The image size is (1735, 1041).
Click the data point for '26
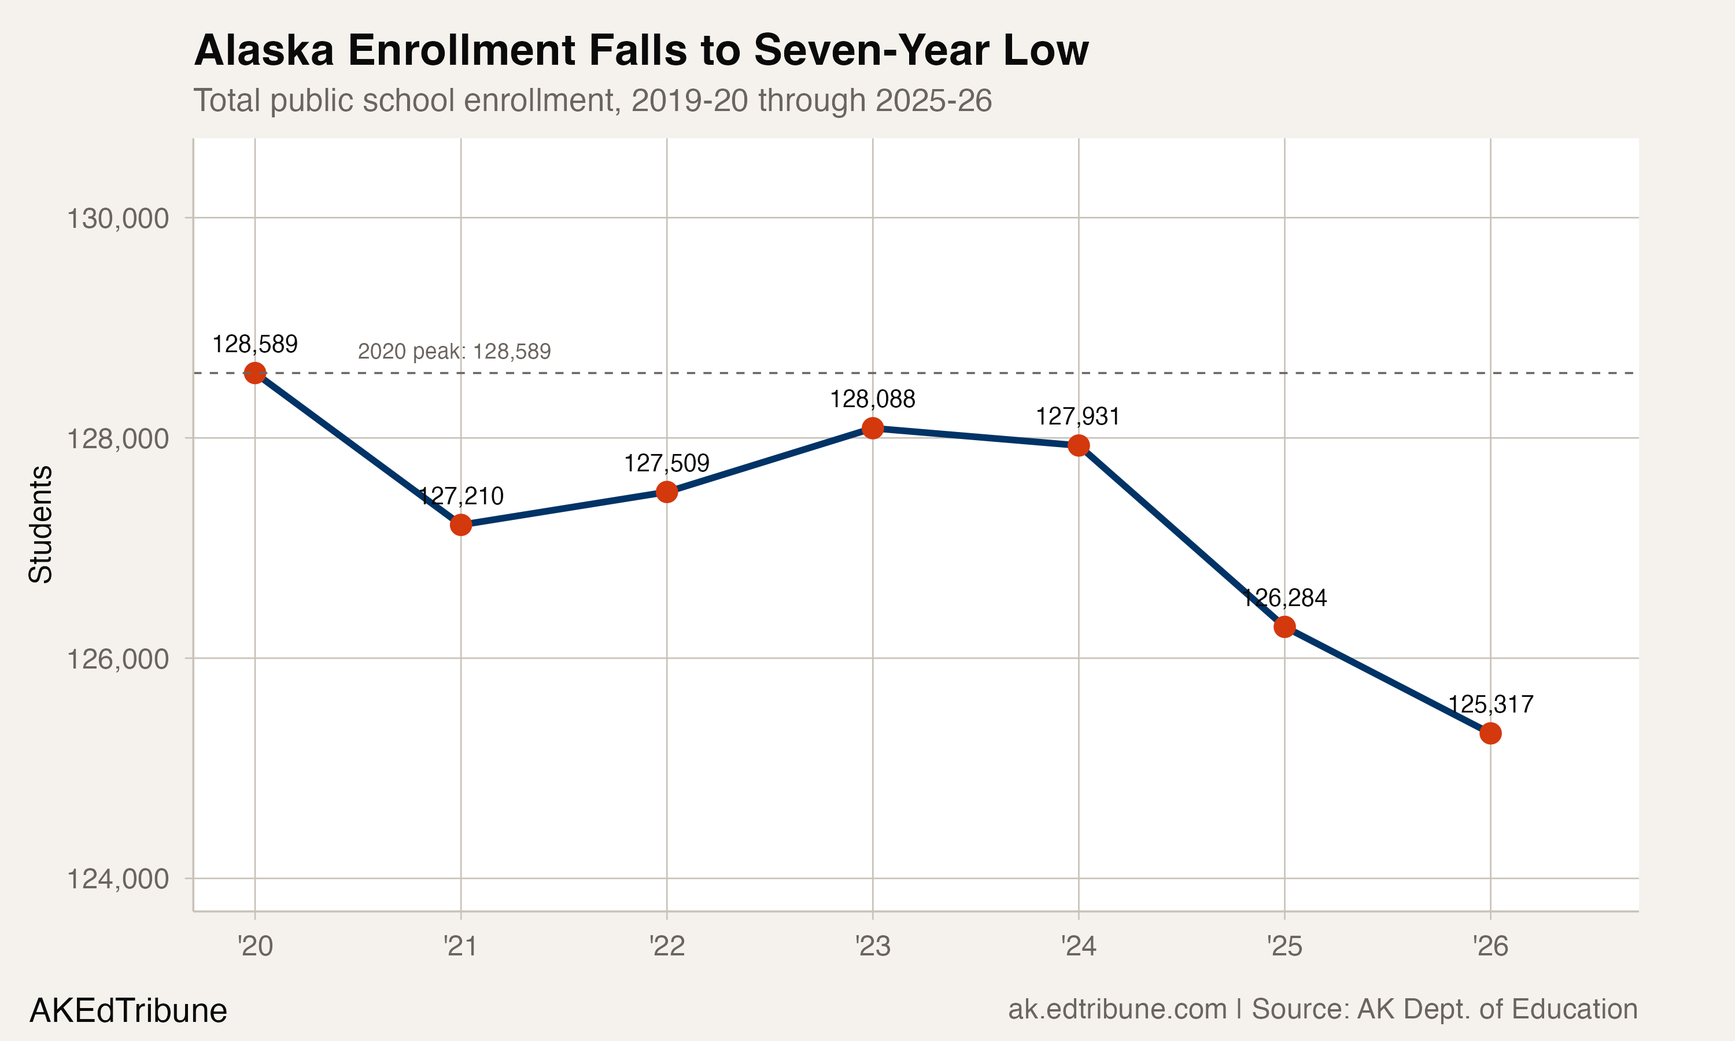(1490, 733)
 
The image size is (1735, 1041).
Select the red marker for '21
(461, 525)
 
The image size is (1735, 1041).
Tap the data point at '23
(872, 428)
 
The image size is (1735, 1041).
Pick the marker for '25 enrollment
(1284, 626)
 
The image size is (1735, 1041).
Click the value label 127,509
(666, 463)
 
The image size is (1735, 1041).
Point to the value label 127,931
(1078, 416)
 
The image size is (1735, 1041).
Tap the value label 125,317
(1490, 704)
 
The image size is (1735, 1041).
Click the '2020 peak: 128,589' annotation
(454, 352)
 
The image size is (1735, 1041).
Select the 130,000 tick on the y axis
(117, 219)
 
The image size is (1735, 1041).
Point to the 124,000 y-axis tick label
(117, 879)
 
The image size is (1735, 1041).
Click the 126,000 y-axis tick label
(117, 659)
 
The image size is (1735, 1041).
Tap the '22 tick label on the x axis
(666, 946)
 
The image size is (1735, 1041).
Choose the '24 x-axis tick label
(1078, 946)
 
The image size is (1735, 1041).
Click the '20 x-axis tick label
(254, 946)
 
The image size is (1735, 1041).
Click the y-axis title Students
(40, 524)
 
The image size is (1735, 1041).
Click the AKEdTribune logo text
(128, 1011)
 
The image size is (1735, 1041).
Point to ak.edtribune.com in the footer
(1117, 1009)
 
